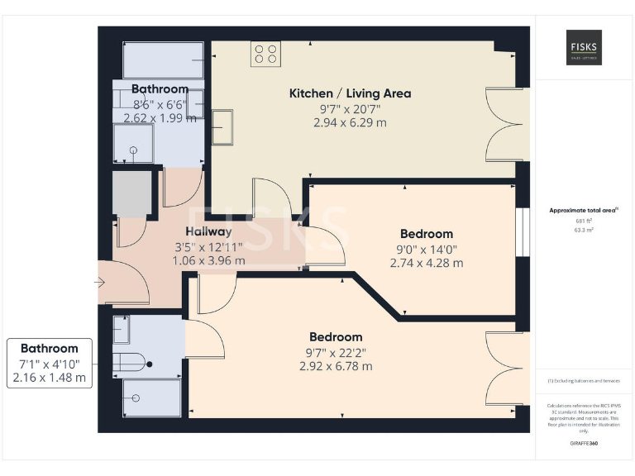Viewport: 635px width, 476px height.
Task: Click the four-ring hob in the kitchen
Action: (266, 54)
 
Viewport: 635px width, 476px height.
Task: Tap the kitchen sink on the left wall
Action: (222, 127)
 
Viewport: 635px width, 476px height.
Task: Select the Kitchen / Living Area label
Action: (350, 93)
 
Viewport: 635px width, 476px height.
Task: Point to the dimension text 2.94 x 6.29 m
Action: (350, 122)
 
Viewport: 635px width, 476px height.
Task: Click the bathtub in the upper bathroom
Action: (163, 60)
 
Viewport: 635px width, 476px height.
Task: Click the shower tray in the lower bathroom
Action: (151, 397)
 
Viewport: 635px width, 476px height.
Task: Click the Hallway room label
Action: (208, 231)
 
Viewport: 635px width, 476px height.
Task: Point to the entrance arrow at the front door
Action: (99, 283)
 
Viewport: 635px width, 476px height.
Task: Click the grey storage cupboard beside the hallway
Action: (131, 194)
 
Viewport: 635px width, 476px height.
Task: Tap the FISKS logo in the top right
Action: (584, 47)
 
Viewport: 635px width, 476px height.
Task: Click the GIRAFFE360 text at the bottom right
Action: (584, 443)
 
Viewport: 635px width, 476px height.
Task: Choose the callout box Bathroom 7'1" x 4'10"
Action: (50, 363)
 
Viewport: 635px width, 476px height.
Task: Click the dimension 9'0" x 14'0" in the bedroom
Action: (427, 249)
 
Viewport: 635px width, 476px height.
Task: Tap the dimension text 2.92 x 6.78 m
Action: (336, 366)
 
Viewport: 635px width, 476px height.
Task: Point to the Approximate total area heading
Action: (583, 211)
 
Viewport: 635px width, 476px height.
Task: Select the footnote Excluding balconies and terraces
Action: (584, 381)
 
